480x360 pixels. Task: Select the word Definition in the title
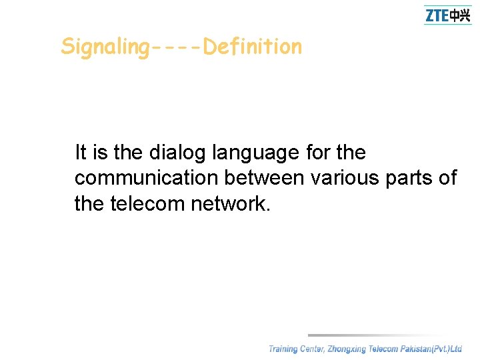253,47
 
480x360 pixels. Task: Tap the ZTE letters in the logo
437,15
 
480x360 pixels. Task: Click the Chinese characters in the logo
460,15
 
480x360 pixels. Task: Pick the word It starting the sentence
81,153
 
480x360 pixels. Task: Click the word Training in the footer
283,349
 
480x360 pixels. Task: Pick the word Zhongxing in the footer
347,349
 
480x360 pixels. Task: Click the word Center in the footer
312,349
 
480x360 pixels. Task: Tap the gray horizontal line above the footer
380,335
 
